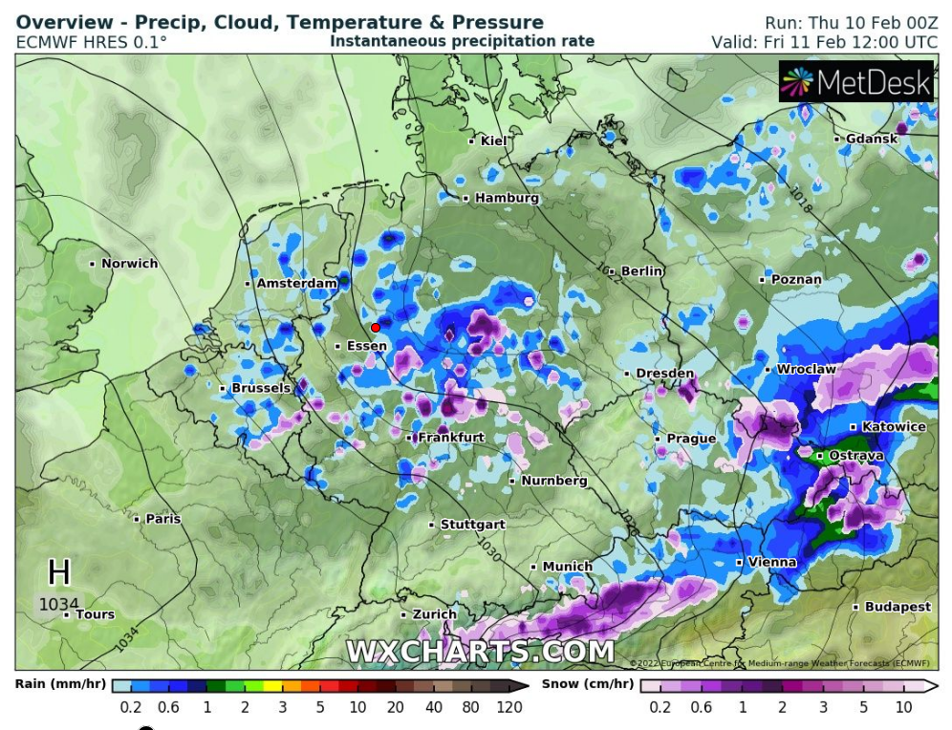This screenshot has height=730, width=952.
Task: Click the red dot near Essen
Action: tap(376, 328)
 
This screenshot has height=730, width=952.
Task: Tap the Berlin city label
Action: tap(641, 271)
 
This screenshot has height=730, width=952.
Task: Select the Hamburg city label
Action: tap(507, 198)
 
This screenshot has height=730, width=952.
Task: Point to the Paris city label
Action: tap(162, 519)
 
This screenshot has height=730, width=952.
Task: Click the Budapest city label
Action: tap(898, 607)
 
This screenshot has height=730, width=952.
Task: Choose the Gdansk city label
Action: tap(871, 139)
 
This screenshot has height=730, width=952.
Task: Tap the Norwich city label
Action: tap(129, 263)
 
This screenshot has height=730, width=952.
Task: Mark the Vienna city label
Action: tap(771, 562)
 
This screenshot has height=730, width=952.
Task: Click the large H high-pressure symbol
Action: tap(59, 572)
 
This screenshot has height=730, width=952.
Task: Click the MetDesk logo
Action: tap(855, 82)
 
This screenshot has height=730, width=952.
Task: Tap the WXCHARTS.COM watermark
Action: tap(480, 652)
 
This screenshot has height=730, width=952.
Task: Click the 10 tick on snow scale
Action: tap(902, 707)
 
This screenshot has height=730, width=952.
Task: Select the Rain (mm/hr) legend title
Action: tap(59, 684)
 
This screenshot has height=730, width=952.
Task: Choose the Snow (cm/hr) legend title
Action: tap(587, 684)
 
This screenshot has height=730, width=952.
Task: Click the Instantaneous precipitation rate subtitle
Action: tap(463, 41)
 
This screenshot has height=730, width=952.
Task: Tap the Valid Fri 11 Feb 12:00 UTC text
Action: tap(824, 42)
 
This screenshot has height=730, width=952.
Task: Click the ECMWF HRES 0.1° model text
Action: tap(92, 42)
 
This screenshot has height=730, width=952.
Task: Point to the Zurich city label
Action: tap(434, 614)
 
